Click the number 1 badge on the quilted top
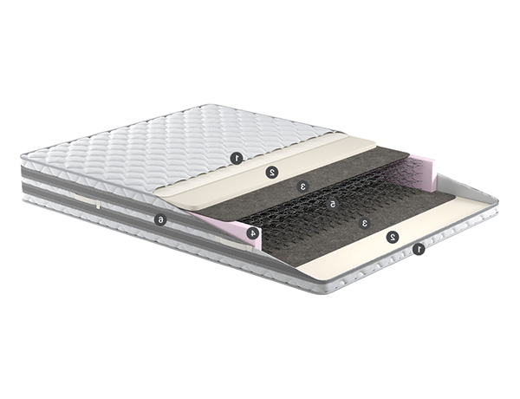point(237,158)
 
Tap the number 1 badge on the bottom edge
point(419,249)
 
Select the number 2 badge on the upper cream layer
point(272,172)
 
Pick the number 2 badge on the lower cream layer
point(393,237)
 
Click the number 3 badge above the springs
point(302,186)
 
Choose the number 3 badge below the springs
point(365,223)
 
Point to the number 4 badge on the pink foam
point(253,232)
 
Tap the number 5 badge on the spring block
point(331,204)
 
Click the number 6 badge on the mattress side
point(160,219)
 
